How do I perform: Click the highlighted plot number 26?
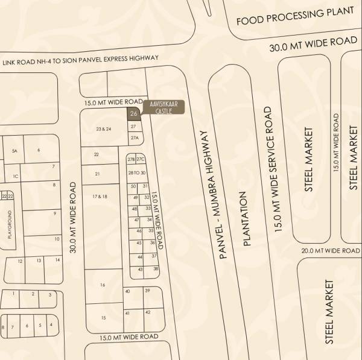(x=134, y=113)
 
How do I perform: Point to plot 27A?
(x=134, y=138)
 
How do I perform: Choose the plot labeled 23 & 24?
(x=104, y=129)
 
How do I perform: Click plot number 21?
(x=97, y=174)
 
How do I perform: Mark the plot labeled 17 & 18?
(x=100, y=197)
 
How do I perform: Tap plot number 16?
(x=103, y=285)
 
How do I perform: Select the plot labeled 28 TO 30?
(x=137, y=173)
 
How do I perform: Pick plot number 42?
(x=147, y=312)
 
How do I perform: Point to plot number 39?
(x=147, y=291)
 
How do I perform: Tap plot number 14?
(x=56, y=260)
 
